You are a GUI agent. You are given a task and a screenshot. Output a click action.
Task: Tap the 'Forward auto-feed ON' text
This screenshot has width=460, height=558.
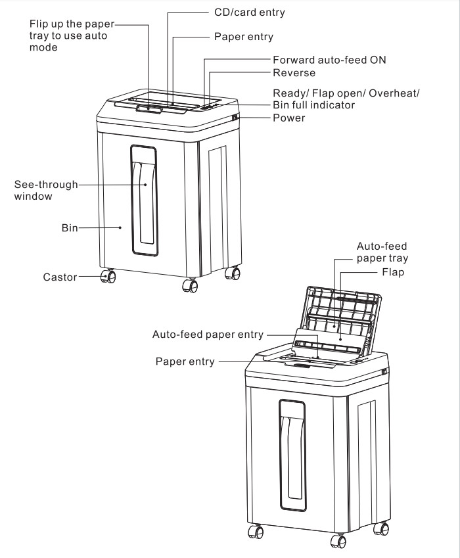pos(329,59)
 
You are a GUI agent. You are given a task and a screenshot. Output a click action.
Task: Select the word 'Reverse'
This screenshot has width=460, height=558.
pos(294,72)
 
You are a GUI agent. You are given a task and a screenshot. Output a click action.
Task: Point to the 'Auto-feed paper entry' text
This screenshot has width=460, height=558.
pos(207,334)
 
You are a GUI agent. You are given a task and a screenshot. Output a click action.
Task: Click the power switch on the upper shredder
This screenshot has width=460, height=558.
pos(234,118)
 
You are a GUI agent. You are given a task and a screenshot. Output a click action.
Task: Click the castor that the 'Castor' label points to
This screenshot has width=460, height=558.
pos(108,277)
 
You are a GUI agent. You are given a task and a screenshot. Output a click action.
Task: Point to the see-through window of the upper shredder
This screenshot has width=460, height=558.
pos(144,199)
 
